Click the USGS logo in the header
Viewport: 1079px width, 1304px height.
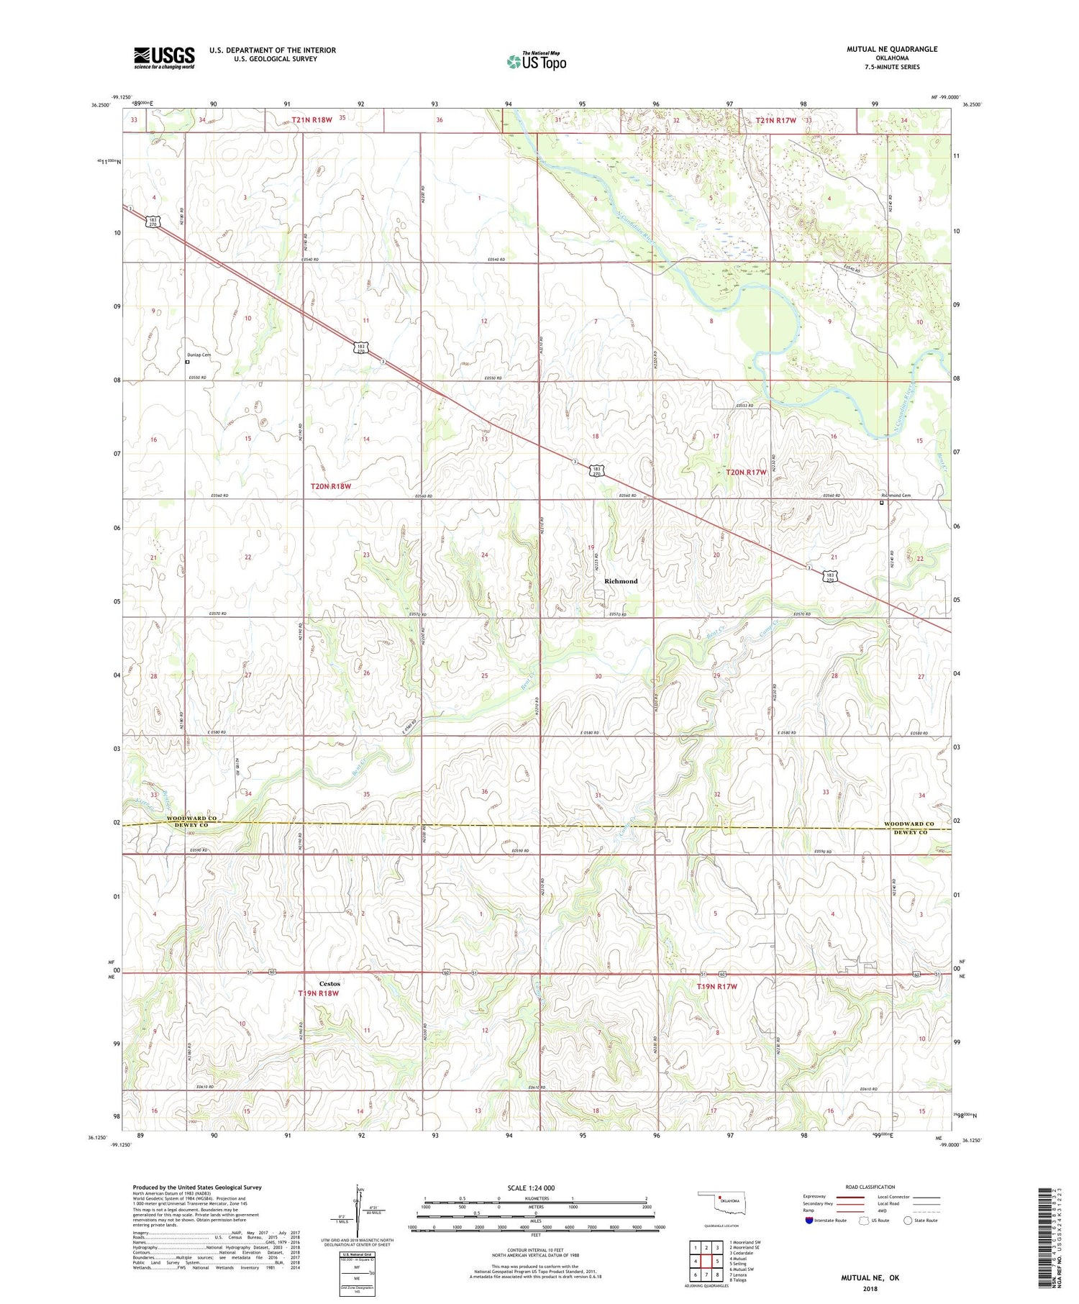pyautogui.click(x=164, y=58)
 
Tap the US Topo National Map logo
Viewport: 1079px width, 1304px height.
pyautogui.click(x=536, y=61)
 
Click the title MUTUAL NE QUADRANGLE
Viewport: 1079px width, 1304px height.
pyautogui.click(x=893, y=49)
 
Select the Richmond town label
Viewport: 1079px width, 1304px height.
pyautogui.click(x=620, y=581)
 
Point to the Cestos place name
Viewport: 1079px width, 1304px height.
pyautogui.click(x=329, y=984)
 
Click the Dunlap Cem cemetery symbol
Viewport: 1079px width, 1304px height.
pyautogui.click(x=188, y=363)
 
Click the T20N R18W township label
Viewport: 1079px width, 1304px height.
pyautogui.click(x=330, y=486)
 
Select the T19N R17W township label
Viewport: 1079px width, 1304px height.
pyautogui.click(x=717, y=987)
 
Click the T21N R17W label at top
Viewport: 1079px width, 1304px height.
pyautogui.click(x=775, y=120)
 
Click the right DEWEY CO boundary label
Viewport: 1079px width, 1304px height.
pyautogui.click(x=910, y=832)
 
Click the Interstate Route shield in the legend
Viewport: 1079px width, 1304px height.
pyautogui.click(x=809, y=1221)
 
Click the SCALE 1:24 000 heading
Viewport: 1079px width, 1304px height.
pyautogui.click(x=531, y=1188)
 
